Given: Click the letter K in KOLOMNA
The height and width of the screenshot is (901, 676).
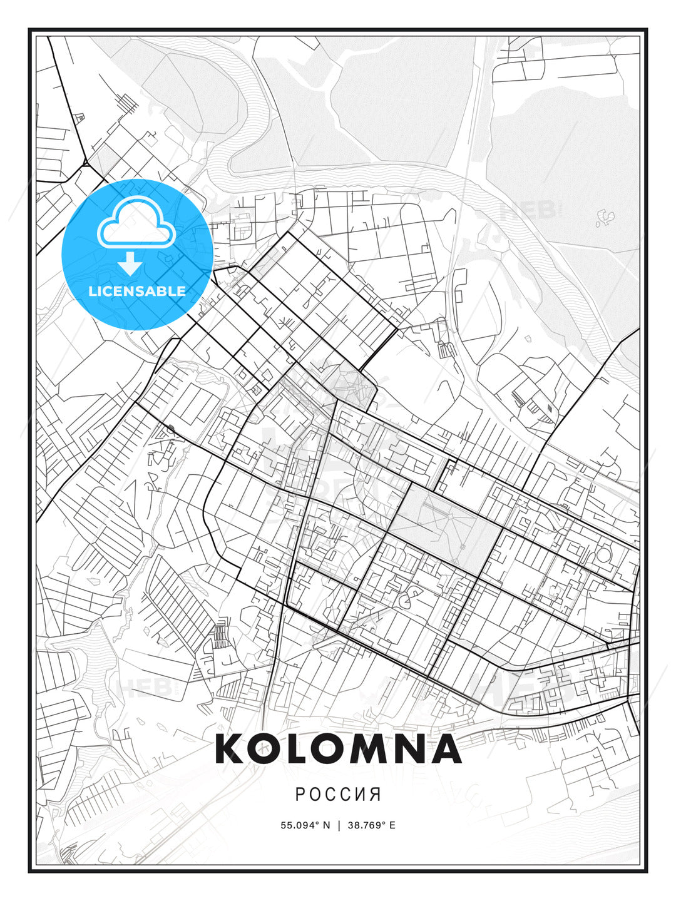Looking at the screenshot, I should tap(231, 749).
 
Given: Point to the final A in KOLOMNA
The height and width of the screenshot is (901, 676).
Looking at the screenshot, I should tap(445, 749).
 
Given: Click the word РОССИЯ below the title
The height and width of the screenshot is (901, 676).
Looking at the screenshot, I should tap(338, 795).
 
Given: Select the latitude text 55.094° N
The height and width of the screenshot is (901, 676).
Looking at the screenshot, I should tap(305, 825).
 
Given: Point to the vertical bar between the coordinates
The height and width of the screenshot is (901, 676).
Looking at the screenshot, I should tap(339, 825).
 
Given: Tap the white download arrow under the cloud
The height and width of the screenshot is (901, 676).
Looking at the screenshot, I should tap(130, 265).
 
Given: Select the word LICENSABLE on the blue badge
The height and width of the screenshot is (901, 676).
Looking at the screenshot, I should tap(137, 291).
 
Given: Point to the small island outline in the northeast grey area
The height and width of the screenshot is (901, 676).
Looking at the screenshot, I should tap(605, 217).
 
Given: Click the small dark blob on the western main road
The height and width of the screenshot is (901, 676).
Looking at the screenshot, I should tap(171, 429).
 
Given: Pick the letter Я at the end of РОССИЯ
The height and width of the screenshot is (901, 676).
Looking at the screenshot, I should tap(376, 795).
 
